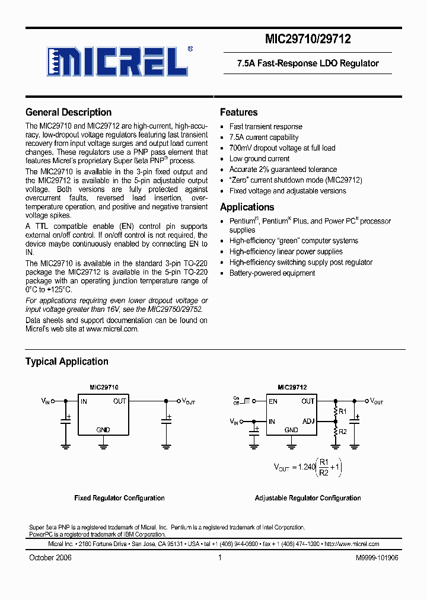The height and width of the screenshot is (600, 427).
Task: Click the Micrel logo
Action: pos(118,60)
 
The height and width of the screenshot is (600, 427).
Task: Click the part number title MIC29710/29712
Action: pos(308,40)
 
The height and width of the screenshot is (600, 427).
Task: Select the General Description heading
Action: pos(68,112)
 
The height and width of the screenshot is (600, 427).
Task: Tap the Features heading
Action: pos(238,112)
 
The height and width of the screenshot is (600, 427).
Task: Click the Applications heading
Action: pos(247,207)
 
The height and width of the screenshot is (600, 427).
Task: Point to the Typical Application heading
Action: pos(66,361)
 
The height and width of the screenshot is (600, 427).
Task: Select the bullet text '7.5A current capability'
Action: pos(264,138)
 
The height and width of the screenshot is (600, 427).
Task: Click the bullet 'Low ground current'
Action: pos(259,159)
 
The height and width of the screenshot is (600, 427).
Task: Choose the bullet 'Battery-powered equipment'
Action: pos(272,273)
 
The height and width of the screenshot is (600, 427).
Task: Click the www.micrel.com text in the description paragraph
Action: pos(112,328)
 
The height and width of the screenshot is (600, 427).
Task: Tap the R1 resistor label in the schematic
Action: pos(342,411)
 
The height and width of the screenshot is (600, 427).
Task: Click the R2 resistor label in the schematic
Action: pos(342,431)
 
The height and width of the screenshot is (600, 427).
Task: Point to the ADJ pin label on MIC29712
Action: pos(308,422)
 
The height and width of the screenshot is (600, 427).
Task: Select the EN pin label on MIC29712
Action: pos(273,401)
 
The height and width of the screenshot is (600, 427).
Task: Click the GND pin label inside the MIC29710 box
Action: pos(103,429)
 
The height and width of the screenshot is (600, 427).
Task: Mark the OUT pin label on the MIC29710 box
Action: pos(120,401)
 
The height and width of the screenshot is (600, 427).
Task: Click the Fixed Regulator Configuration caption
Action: pos(119,498)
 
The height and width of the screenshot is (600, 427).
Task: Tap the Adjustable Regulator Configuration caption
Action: pos(308,498)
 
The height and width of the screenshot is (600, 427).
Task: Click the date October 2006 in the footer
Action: pos(50,558)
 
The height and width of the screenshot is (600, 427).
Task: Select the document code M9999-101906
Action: pos(377,558)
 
